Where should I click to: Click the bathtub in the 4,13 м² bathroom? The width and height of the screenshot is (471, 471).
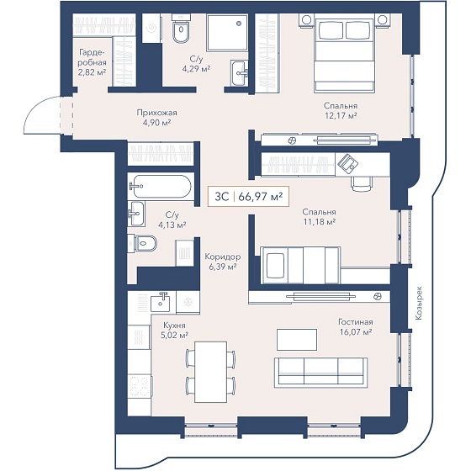160,186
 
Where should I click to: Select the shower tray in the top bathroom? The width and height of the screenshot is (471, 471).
227,33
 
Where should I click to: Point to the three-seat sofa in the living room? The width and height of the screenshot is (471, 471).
320,373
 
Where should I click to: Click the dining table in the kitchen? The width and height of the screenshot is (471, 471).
210,372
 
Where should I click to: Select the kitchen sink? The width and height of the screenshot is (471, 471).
160,303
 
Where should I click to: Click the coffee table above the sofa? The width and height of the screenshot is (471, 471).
297,340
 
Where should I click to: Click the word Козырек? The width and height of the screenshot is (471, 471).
419,303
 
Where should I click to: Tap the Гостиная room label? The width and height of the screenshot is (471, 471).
356,322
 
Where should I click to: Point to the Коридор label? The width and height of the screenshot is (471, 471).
223,257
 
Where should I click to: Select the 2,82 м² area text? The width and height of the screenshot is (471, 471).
92,72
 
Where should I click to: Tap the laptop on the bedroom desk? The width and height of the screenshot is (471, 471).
348,163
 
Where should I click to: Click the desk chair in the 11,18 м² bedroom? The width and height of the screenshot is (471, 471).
362,183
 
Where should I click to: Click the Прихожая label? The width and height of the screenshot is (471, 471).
156,113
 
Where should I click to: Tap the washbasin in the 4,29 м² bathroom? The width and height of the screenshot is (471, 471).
240,72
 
